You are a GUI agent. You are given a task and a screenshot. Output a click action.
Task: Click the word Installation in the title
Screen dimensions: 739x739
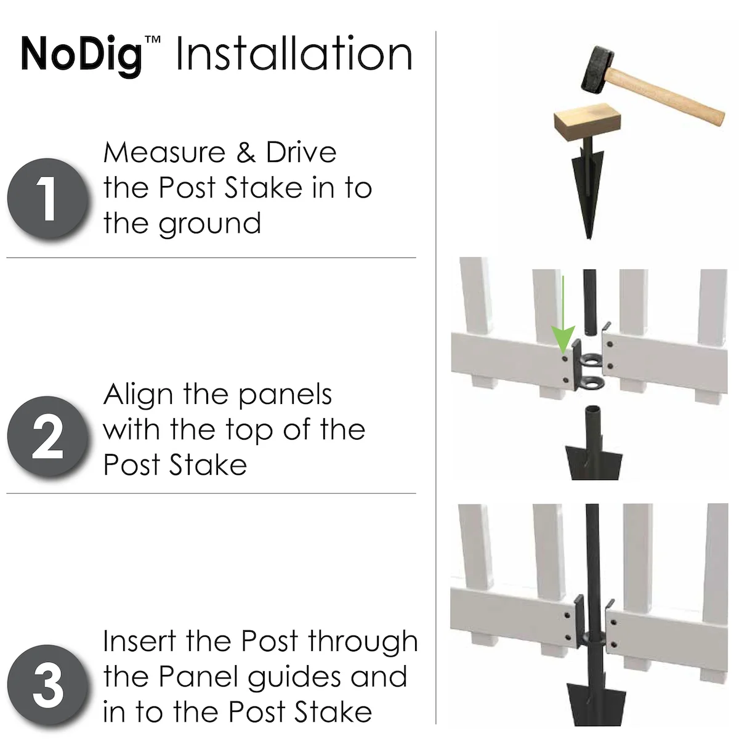pyautogui.click(x=294, y=53)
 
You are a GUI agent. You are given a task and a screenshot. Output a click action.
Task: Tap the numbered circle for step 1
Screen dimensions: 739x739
pyautogui.click(x=48, y=199)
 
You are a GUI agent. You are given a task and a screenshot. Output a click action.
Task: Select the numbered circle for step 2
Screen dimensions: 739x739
pyautogui.click(x=48, y=437)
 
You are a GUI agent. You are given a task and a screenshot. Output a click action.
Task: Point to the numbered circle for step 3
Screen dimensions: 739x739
pyautogui.click(x=48, y=685)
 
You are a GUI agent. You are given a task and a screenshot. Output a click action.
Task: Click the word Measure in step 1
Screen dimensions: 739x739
pyautogui.click(x=164, y=152)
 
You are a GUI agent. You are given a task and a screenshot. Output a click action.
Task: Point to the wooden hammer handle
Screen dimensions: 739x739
pyautogui.click(x=668, y=95)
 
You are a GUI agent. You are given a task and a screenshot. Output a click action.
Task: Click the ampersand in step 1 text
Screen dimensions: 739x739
pyautogui.click(x=246, y=152)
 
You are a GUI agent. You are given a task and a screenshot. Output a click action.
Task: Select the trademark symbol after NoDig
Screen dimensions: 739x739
pyautogui.click(x=152, y=39)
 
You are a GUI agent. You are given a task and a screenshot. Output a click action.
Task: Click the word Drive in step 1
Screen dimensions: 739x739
pyautogui.click(x=301, y=152)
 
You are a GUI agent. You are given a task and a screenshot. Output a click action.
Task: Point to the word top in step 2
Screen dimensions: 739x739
pyautogui.click(x=249, y=431)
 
